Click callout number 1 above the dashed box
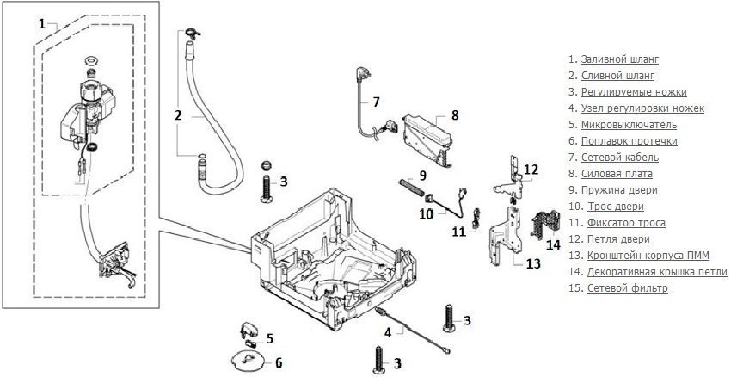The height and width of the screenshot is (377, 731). (41, 24)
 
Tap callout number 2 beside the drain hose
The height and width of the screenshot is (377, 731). (178, 114)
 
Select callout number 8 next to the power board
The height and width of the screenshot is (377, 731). (455, 114)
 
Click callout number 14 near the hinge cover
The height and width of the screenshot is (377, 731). (554, 244)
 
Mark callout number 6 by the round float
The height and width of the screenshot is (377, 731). (277, 362)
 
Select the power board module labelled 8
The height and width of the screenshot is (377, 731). (425, 129)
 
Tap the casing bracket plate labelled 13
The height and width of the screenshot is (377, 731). (504, 237)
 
